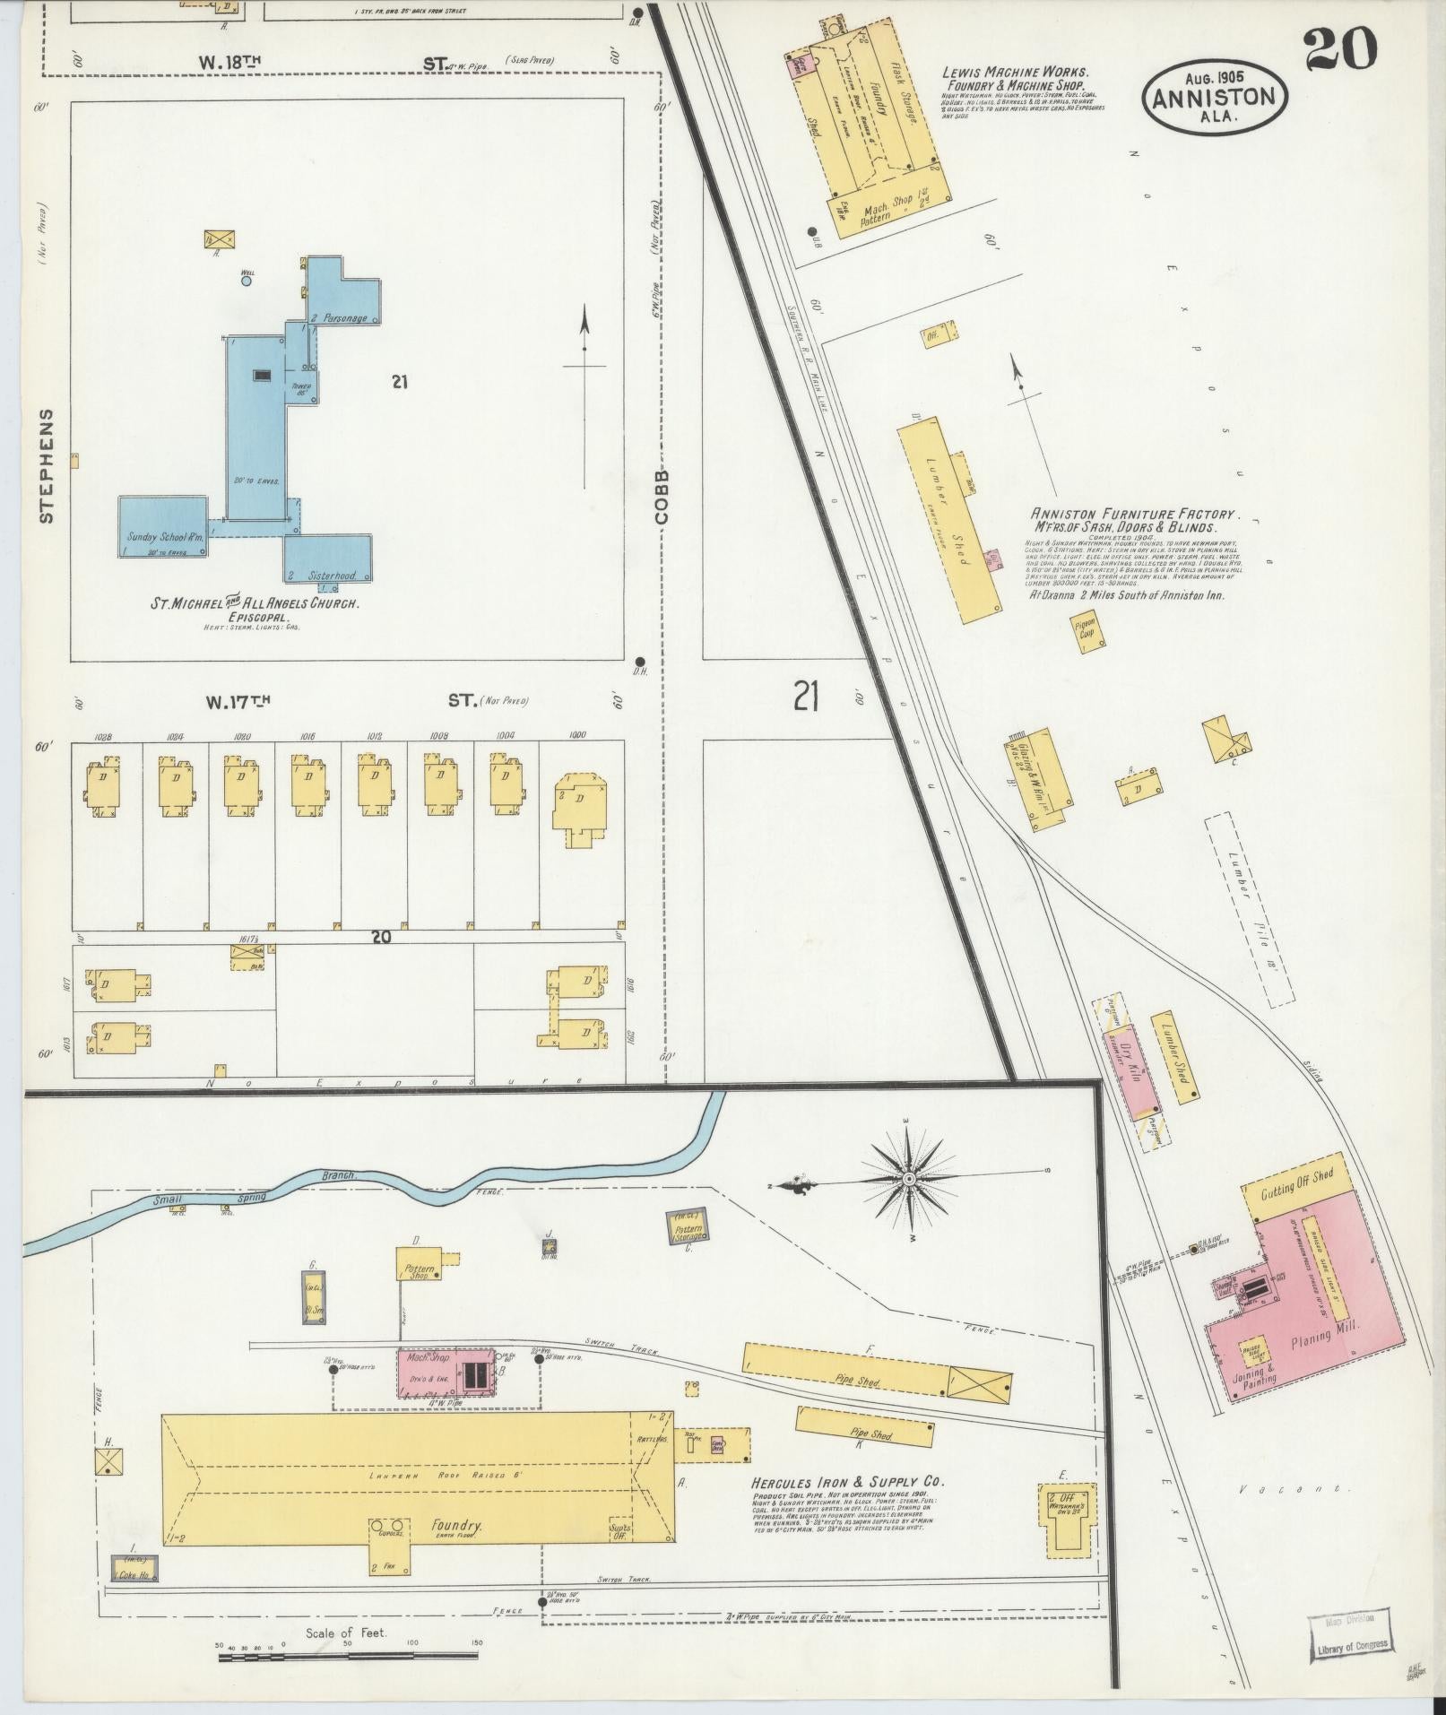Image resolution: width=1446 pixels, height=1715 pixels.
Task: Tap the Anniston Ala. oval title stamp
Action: tap(1214, 99)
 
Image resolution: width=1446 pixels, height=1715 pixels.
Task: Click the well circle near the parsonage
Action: tap(246, 281)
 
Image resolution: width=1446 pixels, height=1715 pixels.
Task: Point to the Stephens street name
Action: tap(47, 466)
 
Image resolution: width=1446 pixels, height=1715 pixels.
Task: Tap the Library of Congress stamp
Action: tap(1352, 1632)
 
